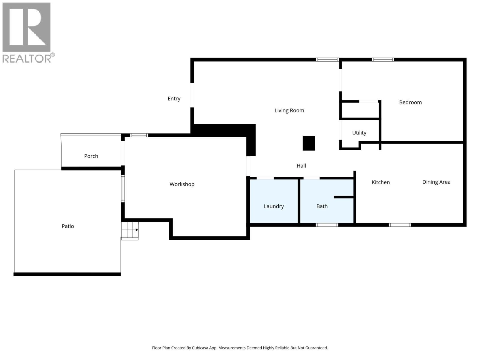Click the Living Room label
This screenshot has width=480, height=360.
click(289, 110)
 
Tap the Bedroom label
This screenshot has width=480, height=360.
click(410, 102)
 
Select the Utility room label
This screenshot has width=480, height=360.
click(359, 133)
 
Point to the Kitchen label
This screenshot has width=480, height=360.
click(381, 182)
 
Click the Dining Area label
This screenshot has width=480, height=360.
click(436, 182)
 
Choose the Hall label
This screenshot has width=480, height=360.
click(301, 166)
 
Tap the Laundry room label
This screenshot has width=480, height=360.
click(274, 206)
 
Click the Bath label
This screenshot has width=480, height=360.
click(322, 206)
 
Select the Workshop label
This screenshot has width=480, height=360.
click(182, 184)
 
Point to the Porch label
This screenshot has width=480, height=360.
click(91, 156)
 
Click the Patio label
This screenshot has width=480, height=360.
click(68, 226)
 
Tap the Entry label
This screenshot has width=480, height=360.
click(174, 98)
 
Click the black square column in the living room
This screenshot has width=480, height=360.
click(308, 143)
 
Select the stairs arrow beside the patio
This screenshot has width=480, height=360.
click(136, 230)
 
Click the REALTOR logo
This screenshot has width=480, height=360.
click(27, 32)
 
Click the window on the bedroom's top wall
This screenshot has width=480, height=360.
click(383, 60)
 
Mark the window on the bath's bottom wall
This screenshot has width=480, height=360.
click(327, 225)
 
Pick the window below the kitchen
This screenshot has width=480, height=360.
click(400, 225)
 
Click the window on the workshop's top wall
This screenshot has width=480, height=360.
click(139, 135)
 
